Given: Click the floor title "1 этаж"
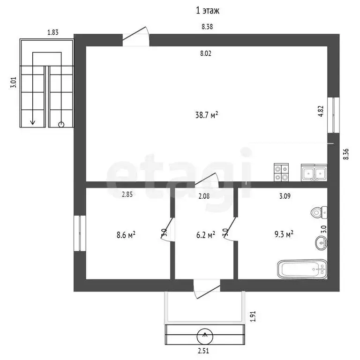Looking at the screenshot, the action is pos(207,11).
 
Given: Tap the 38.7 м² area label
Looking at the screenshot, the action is pos(206,115).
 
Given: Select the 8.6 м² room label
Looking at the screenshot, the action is pos(126,235).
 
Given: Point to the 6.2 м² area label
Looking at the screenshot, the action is pos(205,235).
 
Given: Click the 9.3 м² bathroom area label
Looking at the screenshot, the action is pos(284,234).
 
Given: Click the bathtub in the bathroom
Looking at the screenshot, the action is pos(302,269).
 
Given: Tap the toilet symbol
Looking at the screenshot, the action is pos(319,212).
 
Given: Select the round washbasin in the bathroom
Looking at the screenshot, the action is pos(321,243).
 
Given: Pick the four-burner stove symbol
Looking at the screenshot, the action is pos(281,172).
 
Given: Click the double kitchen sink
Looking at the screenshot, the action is pos(314,173).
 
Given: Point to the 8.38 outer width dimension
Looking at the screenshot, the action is pos(207,27).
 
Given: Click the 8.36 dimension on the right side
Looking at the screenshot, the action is pos(346,154).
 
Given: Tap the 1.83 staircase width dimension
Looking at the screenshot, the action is pos(53,32).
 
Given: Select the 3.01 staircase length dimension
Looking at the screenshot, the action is pos(13,82).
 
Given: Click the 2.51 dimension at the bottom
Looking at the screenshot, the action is pos(203,351).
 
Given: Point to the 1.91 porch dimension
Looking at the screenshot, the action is pos(253,316).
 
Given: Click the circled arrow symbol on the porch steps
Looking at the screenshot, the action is pos(205,337).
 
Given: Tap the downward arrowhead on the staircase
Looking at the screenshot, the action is pos(33,122).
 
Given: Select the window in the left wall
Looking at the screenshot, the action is pos(80,233).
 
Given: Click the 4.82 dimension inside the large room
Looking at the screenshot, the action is pos(321,111).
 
